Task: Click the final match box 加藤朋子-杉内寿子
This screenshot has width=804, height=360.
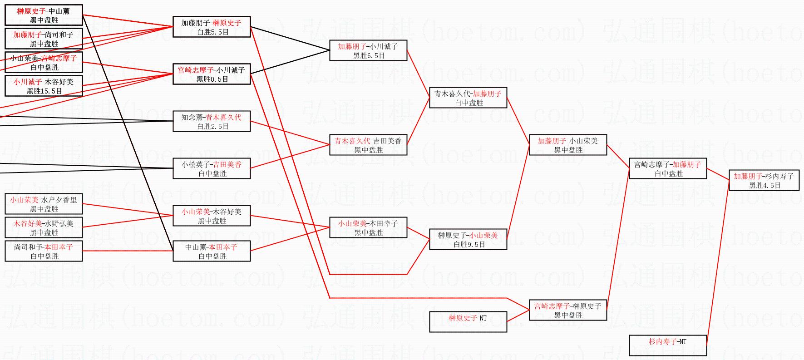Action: tap(764, 181)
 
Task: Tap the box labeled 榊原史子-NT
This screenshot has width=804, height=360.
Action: tap(468, 322)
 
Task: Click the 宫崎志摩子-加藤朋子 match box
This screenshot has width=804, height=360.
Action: tap(668, 169)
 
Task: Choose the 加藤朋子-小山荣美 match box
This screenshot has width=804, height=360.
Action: tap(568, 145)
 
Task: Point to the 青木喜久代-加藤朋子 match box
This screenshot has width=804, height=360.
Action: tap(468, 98)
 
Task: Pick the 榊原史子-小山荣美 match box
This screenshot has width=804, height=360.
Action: tap(468, 240)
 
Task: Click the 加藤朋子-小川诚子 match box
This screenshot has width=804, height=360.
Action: tap(368, 51)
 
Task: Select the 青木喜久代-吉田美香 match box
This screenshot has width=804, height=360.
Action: tap(368, 145)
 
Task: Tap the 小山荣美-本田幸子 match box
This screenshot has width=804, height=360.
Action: tap(368, 228)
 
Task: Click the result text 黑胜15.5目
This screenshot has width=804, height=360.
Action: tap(44, 91)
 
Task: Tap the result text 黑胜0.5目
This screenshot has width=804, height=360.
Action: tap(212, 79)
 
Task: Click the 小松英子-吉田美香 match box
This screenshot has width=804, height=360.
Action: tap(212, 169)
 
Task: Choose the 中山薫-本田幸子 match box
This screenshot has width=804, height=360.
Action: tap(212, 252)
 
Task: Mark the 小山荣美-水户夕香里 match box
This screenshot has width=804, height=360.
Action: tap(44, 204)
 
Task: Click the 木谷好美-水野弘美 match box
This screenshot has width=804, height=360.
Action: tap(44, 228)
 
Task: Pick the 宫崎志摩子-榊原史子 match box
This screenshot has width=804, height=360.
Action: tap(568, 311)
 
